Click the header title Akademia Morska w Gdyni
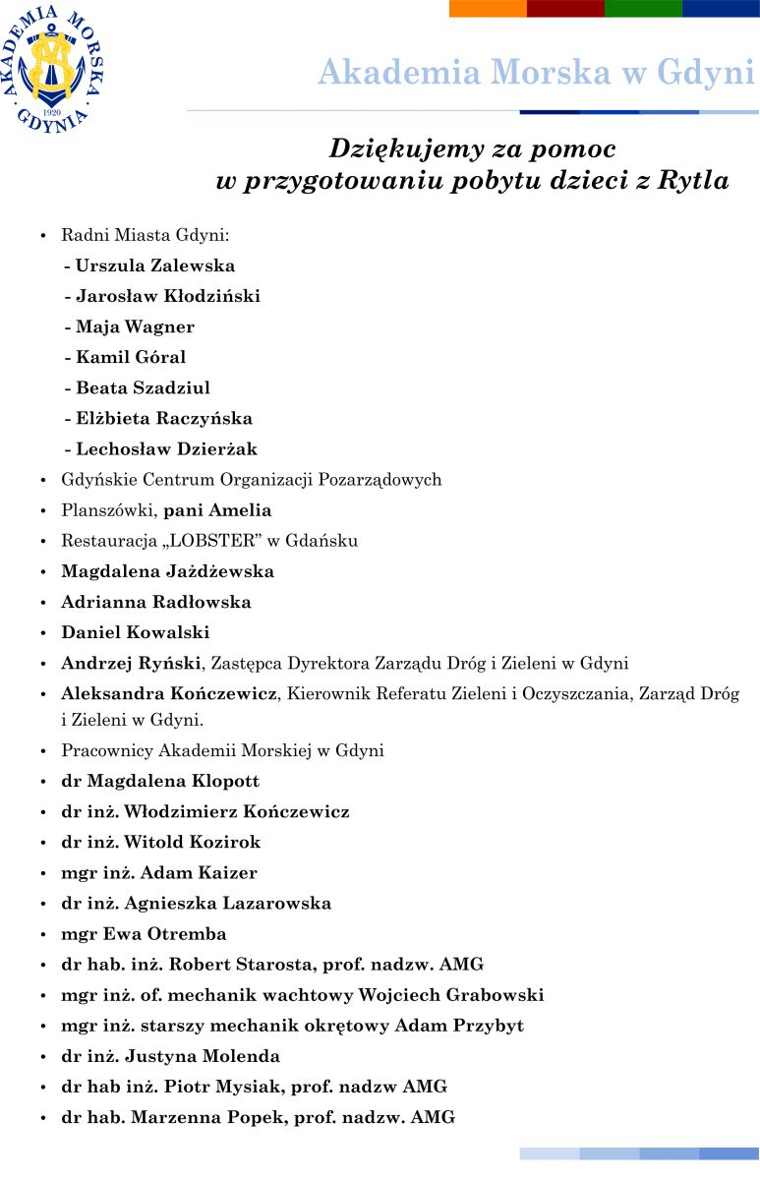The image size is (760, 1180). click(x=536, y=73)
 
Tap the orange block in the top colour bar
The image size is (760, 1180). click(x=488, y=8)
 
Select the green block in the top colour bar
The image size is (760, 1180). click(x=643, y=8)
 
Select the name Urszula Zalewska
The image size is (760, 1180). click(x=155, y=265)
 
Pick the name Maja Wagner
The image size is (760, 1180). click(x=135, y=326)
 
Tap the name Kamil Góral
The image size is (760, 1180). click(x=131, y=357)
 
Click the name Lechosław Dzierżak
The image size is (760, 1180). click(x=166, y=449)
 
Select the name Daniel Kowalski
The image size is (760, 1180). click(x=136, y=632)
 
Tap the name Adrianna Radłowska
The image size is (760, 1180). click(x=156, y=602)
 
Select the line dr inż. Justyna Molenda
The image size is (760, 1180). click(x=171, y=1056)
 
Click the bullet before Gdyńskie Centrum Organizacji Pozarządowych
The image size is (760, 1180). click(x=42, y=481)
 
